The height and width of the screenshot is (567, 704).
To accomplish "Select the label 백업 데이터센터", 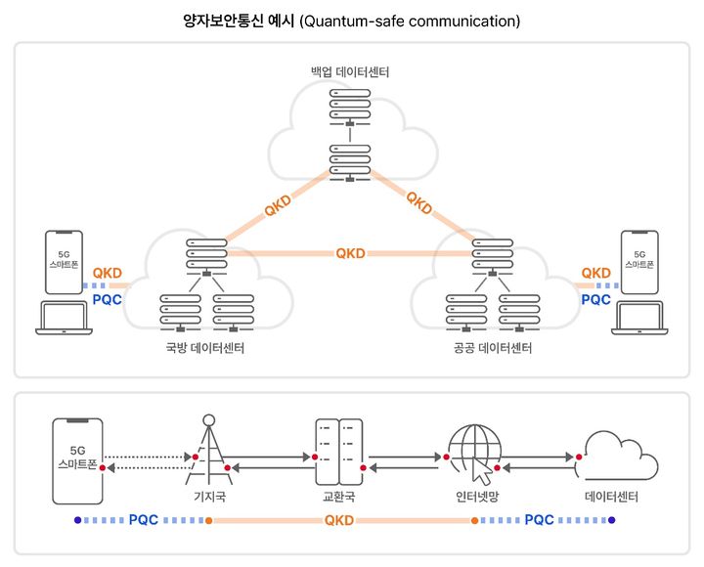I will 351,72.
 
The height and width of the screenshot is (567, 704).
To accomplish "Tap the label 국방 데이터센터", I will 205,350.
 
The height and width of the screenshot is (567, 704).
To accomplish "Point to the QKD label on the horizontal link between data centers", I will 350,253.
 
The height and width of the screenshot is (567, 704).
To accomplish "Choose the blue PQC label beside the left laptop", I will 106,299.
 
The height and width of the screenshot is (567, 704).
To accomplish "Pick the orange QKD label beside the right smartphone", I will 595,274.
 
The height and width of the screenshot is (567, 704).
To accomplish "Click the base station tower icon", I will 206,451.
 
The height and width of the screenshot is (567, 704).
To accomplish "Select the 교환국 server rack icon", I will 338,452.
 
